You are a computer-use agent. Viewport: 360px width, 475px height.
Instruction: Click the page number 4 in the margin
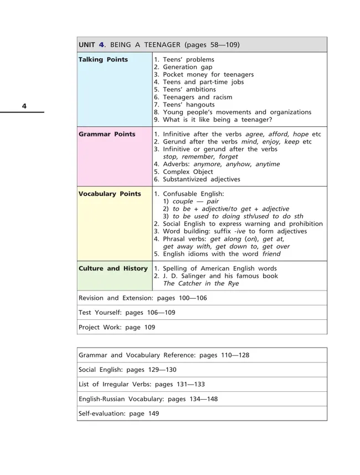[x=24, y=106]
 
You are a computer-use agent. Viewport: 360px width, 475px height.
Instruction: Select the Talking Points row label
[x=103, y=59]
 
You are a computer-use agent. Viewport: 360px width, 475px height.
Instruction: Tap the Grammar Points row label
[x=107, y=134]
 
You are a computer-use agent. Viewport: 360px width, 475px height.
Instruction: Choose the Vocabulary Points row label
[x=110, y=194]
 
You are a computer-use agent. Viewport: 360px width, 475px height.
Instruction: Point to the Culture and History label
[x=113, y=268]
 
